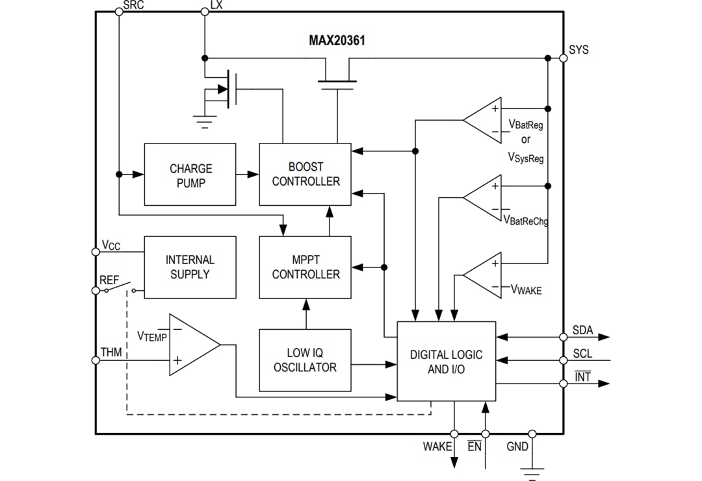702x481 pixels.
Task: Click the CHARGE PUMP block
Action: [x=190, y=175]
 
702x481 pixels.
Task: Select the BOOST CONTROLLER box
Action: [x=305, y=175]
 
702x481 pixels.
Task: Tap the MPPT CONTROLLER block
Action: [x=305, y=267]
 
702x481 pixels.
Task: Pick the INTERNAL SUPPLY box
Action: [x=190, y=267]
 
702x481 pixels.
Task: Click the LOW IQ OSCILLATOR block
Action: [x=305, y=360]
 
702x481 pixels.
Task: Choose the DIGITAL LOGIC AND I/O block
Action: [x=446, y=362]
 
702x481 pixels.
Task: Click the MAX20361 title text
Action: [x=337, y=40]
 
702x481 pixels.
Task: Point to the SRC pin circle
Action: [x=118, y=12]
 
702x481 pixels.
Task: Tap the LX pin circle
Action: [x=205, y=12]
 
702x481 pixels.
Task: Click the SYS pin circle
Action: [x=564, y=58]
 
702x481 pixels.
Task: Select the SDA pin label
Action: [x=582, y=330]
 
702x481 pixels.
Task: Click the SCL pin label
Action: [x=582, y=354]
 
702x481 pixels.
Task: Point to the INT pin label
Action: [x=583, y=376]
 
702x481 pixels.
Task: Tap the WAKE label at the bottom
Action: [x=437, y=447]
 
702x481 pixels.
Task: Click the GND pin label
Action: [x=517, y=447]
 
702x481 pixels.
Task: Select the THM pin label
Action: [x=111, y=352]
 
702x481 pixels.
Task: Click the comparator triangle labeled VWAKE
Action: [x=484, y=275]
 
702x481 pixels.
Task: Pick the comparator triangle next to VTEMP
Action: [x=192, y=345]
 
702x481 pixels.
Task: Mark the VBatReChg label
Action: [x=527, y=221]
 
